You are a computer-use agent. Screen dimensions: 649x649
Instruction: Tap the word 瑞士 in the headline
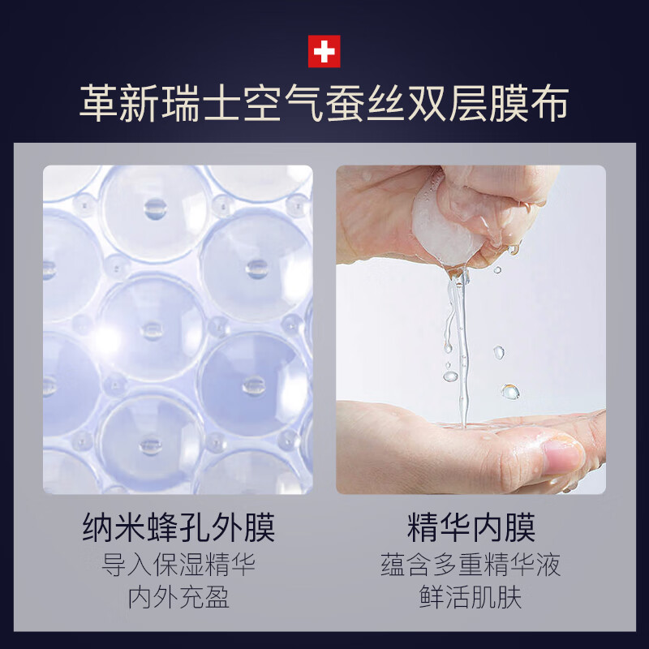219,105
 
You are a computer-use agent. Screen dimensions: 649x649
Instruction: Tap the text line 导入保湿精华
178,564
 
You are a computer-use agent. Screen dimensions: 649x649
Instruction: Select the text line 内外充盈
178,598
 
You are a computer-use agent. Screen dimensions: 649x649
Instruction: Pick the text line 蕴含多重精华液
471,564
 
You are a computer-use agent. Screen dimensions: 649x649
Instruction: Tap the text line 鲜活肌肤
471,598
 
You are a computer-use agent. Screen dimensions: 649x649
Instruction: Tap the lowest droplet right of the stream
509,392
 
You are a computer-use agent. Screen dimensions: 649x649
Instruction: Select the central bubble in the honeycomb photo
152,329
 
